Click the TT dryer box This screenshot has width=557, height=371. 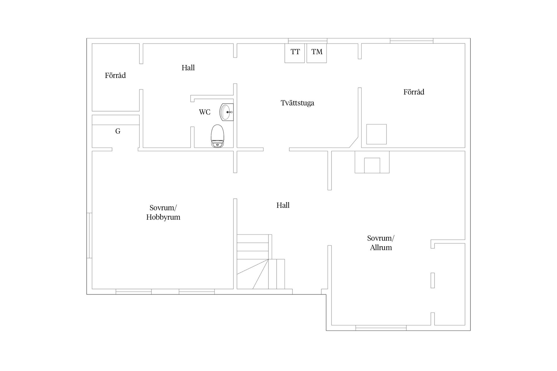(x=295, y=53)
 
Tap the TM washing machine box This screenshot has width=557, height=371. (x=317, y=53)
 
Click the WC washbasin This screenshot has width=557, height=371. (x=227, y=112)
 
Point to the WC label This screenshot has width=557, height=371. (x=205, y=112)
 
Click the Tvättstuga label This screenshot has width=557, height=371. (x=297, y=103)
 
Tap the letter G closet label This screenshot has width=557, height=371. (x=118, y=131)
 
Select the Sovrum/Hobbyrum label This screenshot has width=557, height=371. (x=163, y=212)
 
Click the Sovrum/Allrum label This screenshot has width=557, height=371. (x=381, y=243)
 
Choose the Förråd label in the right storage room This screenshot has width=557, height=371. (x=414, y=92)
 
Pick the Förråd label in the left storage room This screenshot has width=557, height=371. (x=115, y=76)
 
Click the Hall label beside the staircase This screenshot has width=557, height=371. (x=283, y=205)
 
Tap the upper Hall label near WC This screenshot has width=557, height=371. (x=188, y=68)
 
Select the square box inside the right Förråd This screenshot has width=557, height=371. (x=377, y=134)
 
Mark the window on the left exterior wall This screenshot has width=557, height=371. (x=90, y=235)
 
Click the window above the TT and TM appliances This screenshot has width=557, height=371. (x=308, y=41)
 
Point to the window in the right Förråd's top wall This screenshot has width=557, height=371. (x=412, y=41)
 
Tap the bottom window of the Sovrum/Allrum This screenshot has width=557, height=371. (x=381, y=328)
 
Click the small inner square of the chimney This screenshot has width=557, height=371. (x=372, y=166)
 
